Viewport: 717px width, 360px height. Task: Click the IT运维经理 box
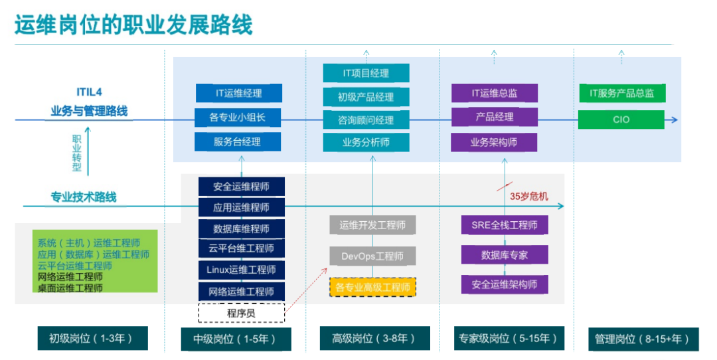click(x=239, y=93)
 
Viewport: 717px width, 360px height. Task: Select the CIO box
click(x=621, y=120)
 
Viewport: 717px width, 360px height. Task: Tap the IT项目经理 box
click(x=366, y=73)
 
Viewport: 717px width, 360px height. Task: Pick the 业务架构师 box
click(x=494, y=142)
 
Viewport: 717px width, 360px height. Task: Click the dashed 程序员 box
click(x=242, y=314)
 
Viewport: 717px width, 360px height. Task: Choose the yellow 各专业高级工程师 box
click(x=372, y=287)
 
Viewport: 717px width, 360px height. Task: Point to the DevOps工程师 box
click(x=372, y=256)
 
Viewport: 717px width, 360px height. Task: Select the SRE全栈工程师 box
click(x=505, y=225)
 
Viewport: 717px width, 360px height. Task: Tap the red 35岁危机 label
click(x=529, y=197)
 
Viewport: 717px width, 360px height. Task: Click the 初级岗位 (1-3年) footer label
click(x=92, y=339)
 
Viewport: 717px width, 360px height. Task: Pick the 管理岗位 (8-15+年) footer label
click(x=643, y=339)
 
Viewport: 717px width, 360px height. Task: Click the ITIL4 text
click(x=89, y=92)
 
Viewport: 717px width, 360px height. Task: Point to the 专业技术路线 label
click(x=84, y=197)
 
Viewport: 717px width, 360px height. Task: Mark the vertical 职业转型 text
click(x=77, y=153)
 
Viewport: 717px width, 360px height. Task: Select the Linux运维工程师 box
click(x=242, y=270)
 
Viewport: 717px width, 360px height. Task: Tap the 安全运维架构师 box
click(x=505, y=284)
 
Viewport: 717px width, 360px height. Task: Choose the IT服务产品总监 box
click(x=622, y=93)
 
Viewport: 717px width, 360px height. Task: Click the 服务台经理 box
click(x=237, y=141)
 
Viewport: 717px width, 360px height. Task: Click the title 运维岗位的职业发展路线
click(x=133, y=25)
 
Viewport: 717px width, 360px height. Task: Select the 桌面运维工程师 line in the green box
click(x=70, y=288)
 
